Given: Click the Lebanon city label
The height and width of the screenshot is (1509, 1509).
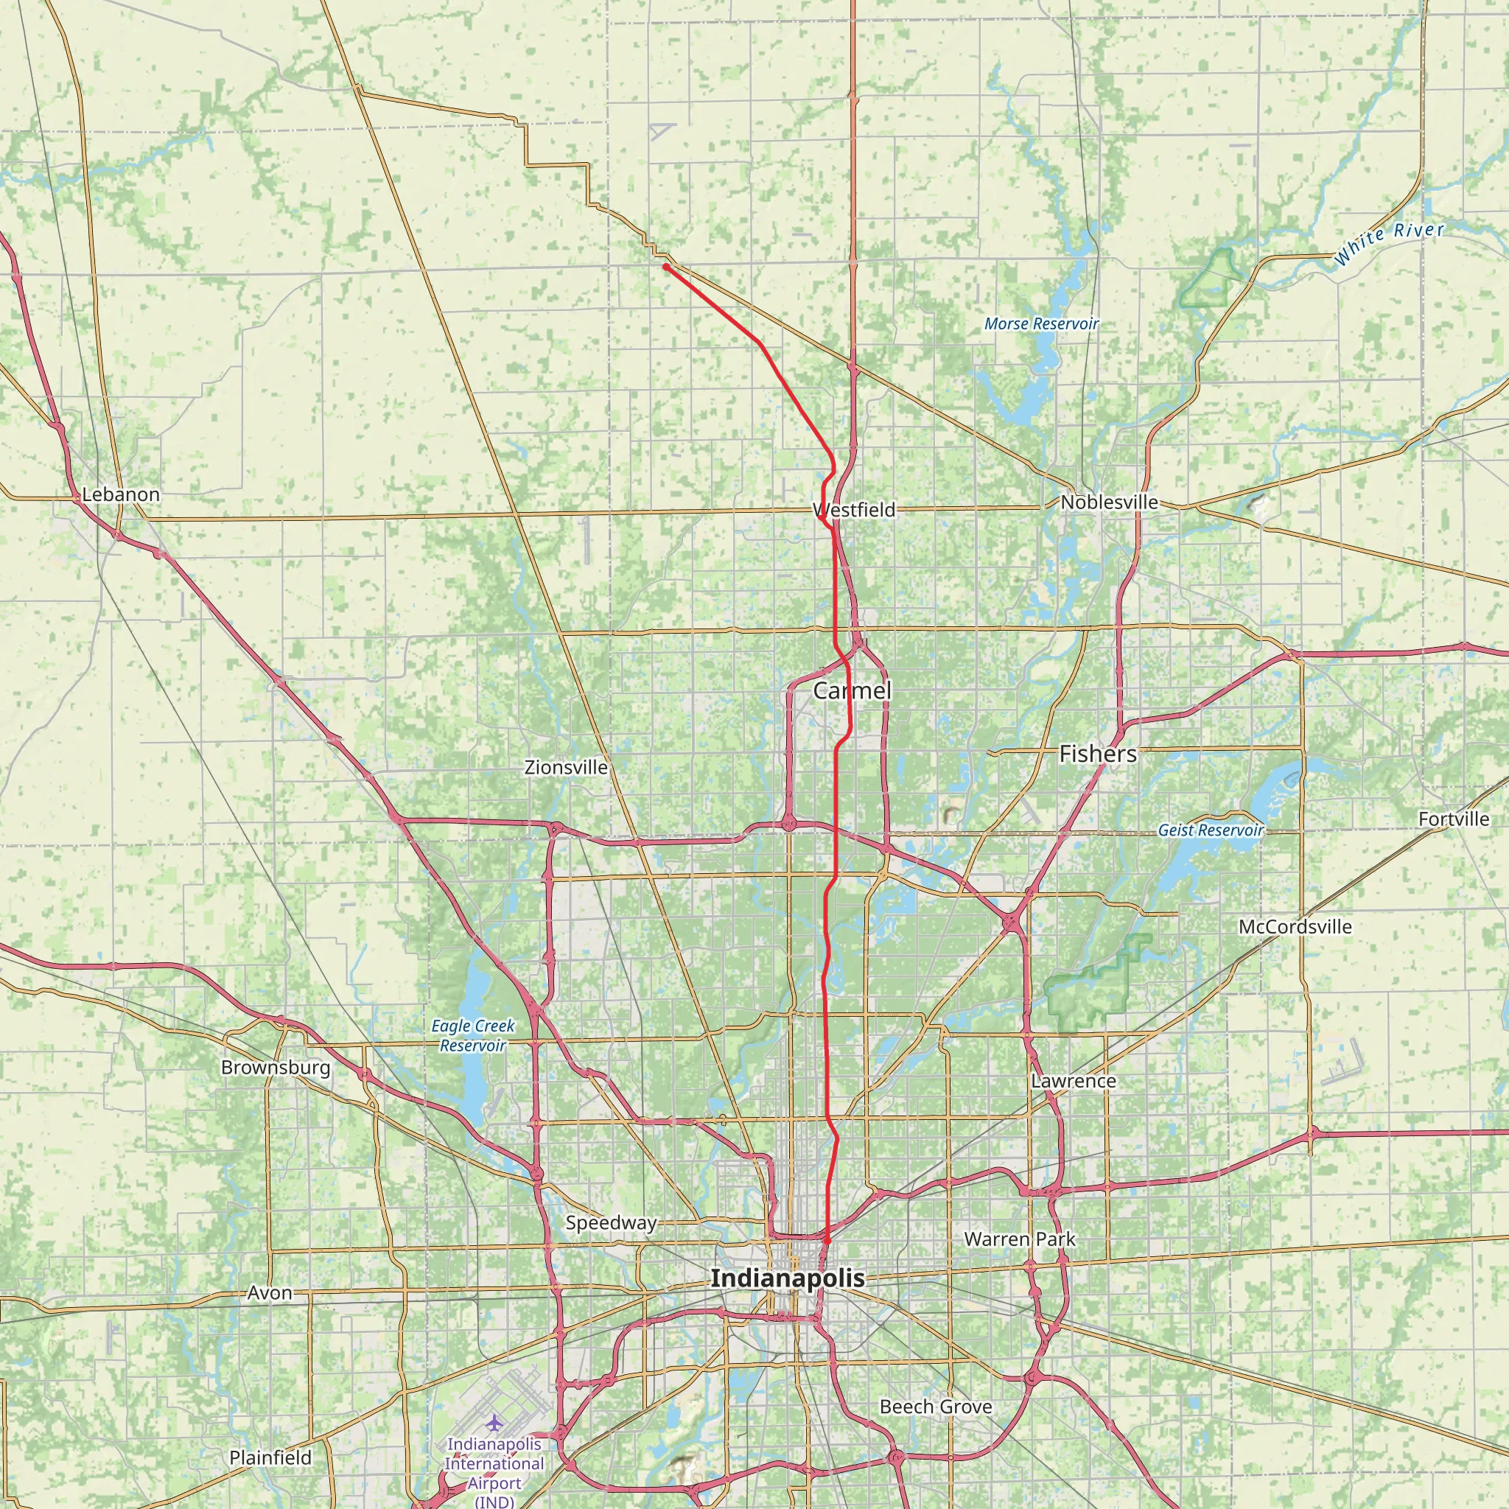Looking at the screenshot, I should [120, 494].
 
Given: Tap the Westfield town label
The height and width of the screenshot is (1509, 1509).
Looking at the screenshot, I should [854, 510].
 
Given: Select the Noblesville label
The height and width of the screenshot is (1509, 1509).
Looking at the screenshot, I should [1108, 503].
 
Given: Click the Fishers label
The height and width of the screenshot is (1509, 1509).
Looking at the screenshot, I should [1097, 754].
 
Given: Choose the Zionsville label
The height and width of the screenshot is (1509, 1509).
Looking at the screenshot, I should [567, 767].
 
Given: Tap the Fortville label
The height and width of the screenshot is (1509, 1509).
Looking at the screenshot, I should [1454, 819].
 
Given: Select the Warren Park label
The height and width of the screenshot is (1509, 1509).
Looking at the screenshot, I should [1019, 1239].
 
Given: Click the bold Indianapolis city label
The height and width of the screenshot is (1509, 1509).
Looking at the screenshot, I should [788, 1278].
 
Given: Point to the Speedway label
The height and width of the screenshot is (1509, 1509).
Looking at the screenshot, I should [611, 1223].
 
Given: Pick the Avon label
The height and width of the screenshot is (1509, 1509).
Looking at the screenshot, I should [270, 1292].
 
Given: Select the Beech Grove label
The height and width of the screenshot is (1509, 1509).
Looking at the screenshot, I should [935, 1407].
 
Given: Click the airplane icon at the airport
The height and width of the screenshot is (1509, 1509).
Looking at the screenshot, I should [494, 1424].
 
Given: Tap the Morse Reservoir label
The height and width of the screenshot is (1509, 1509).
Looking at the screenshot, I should [1041, 323].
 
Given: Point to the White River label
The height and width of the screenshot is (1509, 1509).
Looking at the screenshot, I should [1389, 244].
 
